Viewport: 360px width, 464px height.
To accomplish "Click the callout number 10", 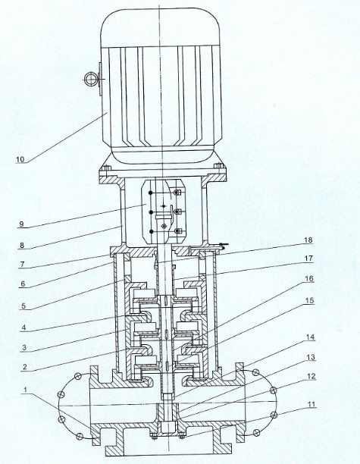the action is coord(20,159).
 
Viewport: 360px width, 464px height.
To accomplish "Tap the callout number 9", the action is coord(21,224).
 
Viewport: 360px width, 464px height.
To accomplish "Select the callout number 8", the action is coord(22,246).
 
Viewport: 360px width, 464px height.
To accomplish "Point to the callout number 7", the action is coord(22,265).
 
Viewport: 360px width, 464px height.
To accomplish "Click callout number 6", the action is coord(23,284).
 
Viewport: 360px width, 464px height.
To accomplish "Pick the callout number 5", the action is coord(23,306).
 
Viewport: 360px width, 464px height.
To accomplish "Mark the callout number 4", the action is coord(24,328).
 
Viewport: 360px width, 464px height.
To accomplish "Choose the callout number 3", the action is coord(24,348).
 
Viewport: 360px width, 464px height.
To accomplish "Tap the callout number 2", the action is coord(25,367).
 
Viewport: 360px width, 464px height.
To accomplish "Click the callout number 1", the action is coord(26,390).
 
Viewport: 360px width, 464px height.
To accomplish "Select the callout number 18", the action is coord(308,240).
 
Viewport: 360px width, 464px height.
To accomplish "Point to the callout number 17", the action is coord(308,259).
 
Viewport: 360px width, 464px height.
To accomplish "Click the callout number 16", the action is coord(309,279).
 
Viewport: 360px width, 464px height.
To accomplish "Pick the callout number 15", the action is coord(309,301).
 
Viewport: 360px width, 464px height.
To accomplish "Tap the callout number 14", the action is coord(310,337).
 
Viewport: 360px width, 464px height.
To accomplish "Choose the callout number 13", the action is coord(311,357).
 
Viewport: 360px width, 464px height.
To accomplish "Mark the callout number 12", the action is coord(311,377).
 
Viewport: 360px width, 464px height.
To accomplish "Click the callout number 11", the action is coord(312,404).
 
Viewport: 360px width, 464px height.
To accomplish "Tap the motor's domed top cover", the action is coord(161,27).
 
